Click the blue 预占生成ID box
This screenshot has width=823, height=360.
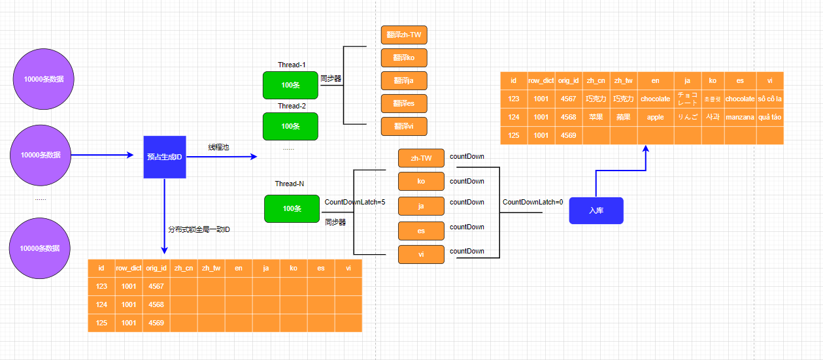(x=165, y=157)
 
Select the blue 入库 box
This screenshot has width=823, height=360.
(x=596, y=210)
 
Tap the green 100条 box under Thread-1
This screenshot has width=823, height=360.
(x=290, y=85)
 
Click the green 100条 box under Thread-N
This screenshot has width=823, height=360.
(x=292, y=208)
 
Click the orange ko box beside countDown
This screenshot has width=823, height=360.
(x=421, y=181)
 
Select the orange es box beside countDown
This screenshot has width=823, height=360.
(x=421, y=231)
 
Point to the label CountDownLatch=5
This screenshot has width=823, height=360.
(x=355, y=202)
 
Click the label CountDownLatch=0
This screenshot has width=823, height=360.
(x=533, y=202)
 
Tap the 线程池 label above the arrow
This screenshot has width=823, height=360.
(x=218, y=147)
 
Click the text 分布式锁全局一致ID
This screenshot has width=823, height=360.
(x=199, y=229)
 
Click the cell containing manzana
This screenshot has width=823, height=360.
(x=740, y=117)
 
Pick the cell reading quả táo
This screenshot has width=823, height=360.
(x=769, y=117)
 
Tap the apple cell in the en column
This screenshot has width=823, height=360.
(x=655, y=117)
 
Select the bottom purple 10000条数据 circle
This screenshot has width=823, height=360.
(x=40, y=248)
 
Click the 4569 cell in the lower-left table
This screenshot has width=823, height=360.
(x=156, y=323)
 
